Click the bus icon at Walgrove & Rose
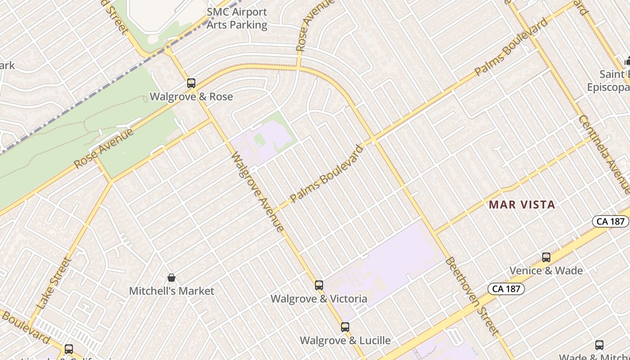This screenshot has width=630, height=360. tap(191, 83)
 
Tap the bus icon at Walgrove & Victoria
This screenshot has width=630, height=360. tap(319, 285)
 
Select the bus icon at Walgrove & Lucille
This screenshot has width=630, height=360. tap(345, 327)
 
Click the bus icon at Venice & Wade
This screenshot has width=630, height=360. tap(546, 257)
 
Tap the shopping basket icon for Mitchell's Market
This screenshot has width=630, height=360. tap(171, 278)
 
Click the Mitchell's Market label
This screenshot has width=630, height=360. tap(171, 291)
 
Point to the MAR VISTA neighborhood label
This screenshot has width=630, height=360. tap(522, 205)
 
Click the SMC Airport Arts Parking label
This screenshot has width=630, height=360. tap(237, 18)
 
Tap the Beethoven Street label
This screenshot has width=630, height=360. tap(472, 296)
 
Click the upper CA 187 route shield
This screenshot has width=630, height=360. tap(610, 221)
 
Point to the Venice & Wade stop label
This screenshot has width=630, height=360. tap(546, 270)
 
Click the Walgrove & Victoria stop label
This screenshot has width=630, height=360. tap(319, 298)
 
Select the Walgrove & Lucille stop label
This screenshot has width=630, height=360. tap(345, 340)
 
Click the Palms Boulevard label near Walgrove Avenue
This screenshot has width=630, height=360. tap(326, 173)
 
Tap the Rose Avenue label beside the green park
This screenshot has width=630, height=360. tap(104, 148)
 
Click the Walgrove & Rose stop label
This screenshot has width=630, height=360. tap(191, 96)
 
